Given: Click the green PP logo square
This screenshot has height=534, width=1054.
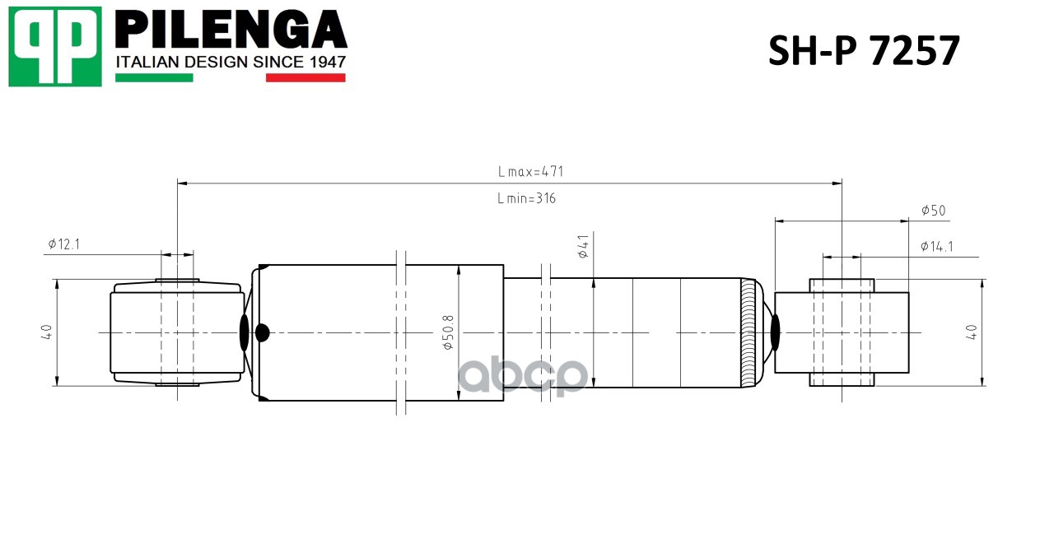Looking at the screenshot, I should pos(55,46).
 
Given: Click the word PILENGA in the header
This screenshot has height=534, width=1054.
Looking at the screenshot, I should pos(231,30).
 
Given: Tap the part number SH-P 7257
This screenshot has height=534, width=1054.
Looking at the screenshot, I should pos(864,51).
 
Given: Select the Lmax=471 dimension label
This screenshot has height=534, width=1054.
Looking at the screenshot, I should pos(530,172).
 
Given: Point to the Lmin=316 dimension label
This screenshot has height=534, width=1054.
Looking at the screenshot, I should pos(526,198).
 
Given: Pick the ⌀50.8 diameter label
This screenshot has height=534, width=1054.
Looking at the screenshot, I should pos(449,332).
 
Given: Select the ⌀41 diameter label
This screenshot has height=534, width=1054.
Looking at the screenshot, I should pos(583,247).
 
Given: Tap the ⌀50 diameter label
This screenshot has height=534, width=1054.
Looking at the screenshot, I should pos(933,211).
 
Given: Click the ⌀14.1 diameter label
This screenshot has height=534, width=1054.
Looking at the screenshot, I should pos(936,246).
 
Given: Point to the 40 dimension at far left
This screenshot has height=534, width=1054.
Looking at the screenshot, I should pos(47,332).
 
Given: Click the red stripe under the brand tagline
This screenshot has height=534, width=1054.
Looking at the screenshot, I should pos(305,78).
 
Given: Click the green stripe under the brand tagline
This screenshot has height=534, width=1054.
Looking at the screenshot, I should pos(154,78).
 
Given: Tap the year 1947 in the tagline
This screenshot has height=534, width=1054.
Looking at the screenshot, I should pos(325,63).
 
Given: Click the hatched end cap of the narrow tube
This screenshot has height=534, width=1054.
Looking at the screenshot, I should pos(749,332).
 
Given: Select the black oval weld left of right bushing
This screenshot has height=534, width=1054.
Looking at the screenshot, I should pos(775,332).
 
